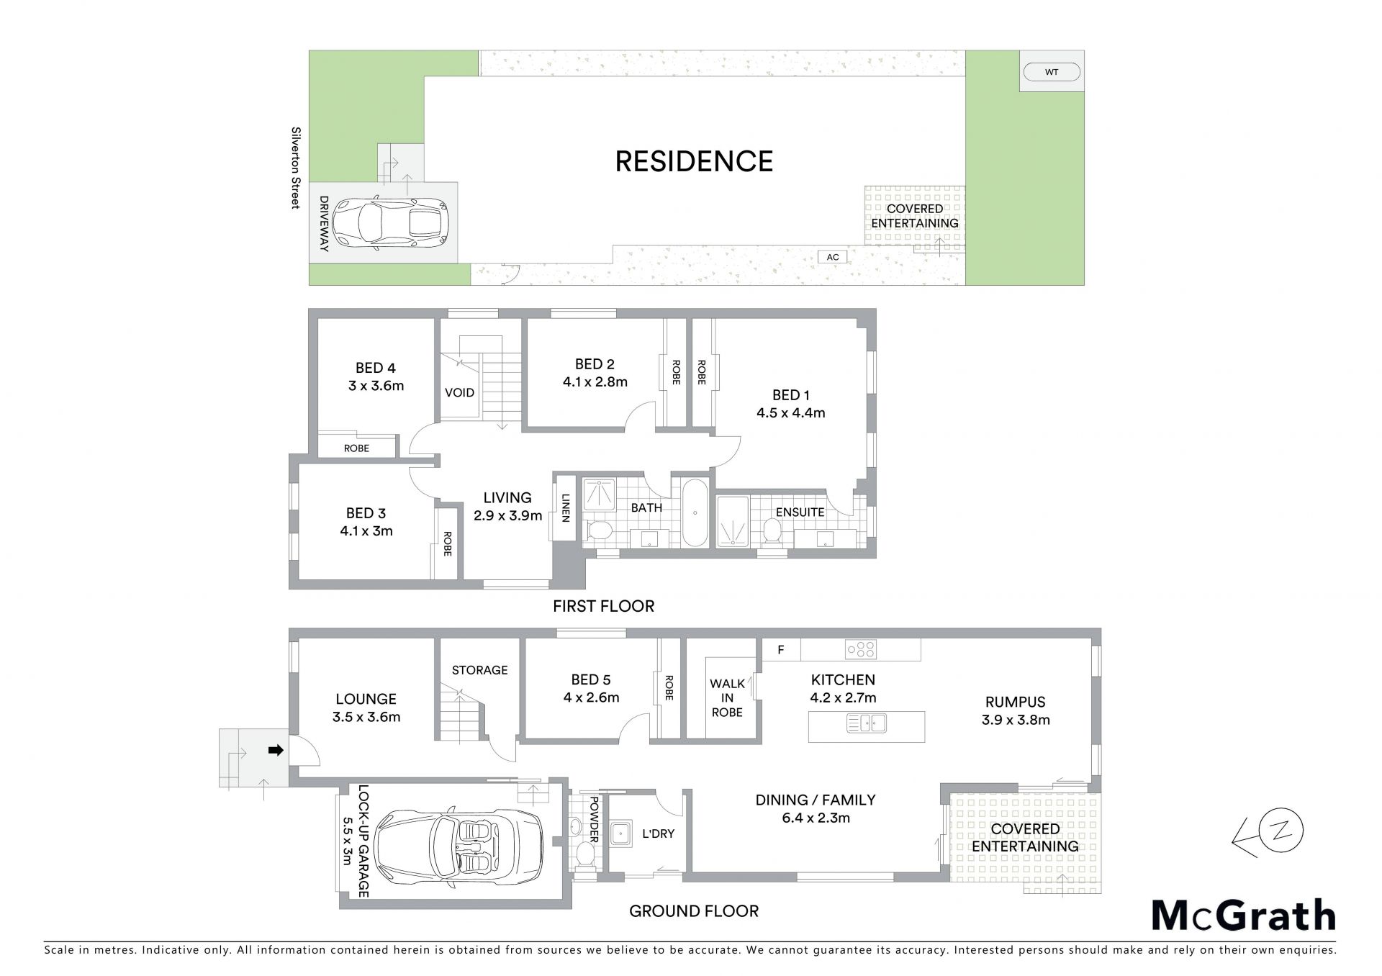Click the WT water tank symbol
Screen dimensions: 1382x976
pos(1052,72)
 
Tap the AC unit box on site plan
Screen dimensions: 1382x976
pos(833,257)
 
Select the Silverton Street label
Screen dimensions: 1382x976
pos(295,168)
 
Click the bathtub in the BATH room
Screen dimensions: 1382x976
pos(695,512)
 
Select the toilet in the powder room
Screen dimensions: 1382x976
pos(584,857)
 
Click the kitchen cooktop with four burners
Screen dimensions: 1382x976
pos(861,649)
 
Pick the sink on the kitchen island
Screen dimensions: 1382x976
pos(867,722)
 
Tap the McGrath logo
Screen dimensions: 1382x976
pos(1243,916)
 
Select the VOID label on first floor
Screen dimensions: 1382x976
pos(459,392)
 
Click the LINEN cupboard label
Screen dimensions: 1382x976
pos(566,507)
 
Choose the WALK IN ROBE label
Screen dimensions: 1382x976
pos(727,697)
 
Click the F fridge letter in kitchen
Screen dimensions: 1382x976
pos(780,650)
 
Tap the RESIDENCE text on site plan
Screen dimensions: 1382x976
pos(694,161)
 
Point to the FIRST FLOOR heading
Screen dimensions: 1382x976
pos(603,606)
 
